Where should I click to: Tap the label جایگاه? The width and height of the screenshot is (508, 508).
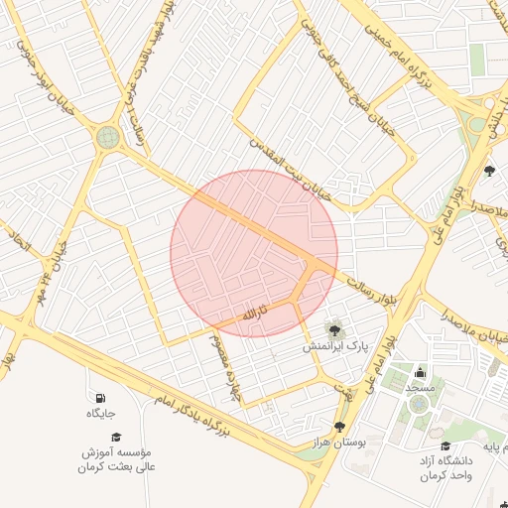pyautogui.click(x=101, y=413)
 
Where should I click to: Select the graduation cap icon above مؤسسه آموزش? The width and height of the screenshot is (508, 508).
pyautogui.click(x=115, y=437)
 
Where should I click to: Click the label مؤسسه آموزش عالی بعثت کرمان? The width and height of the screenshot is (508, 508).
pyautogui.click(x=116, y=458)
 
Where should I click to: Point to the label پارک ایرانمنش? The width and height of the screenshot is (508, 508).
pyautogui.click(x=334, y=347)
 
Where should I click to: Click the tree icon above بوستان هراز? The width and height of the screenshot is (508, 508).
pyautogui.click(x=339, y=426)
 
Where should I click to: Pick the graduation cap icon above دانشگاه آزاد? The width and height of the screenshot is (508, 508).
pyautogui.click(x=444, y=445)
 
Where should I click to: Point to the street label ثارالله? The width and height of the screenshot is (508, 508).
pyautogui.click(x=249, y=315)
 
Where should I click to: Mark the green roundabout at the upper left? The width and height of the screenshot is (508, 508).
pyautogui.click(x=107, y=137)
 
